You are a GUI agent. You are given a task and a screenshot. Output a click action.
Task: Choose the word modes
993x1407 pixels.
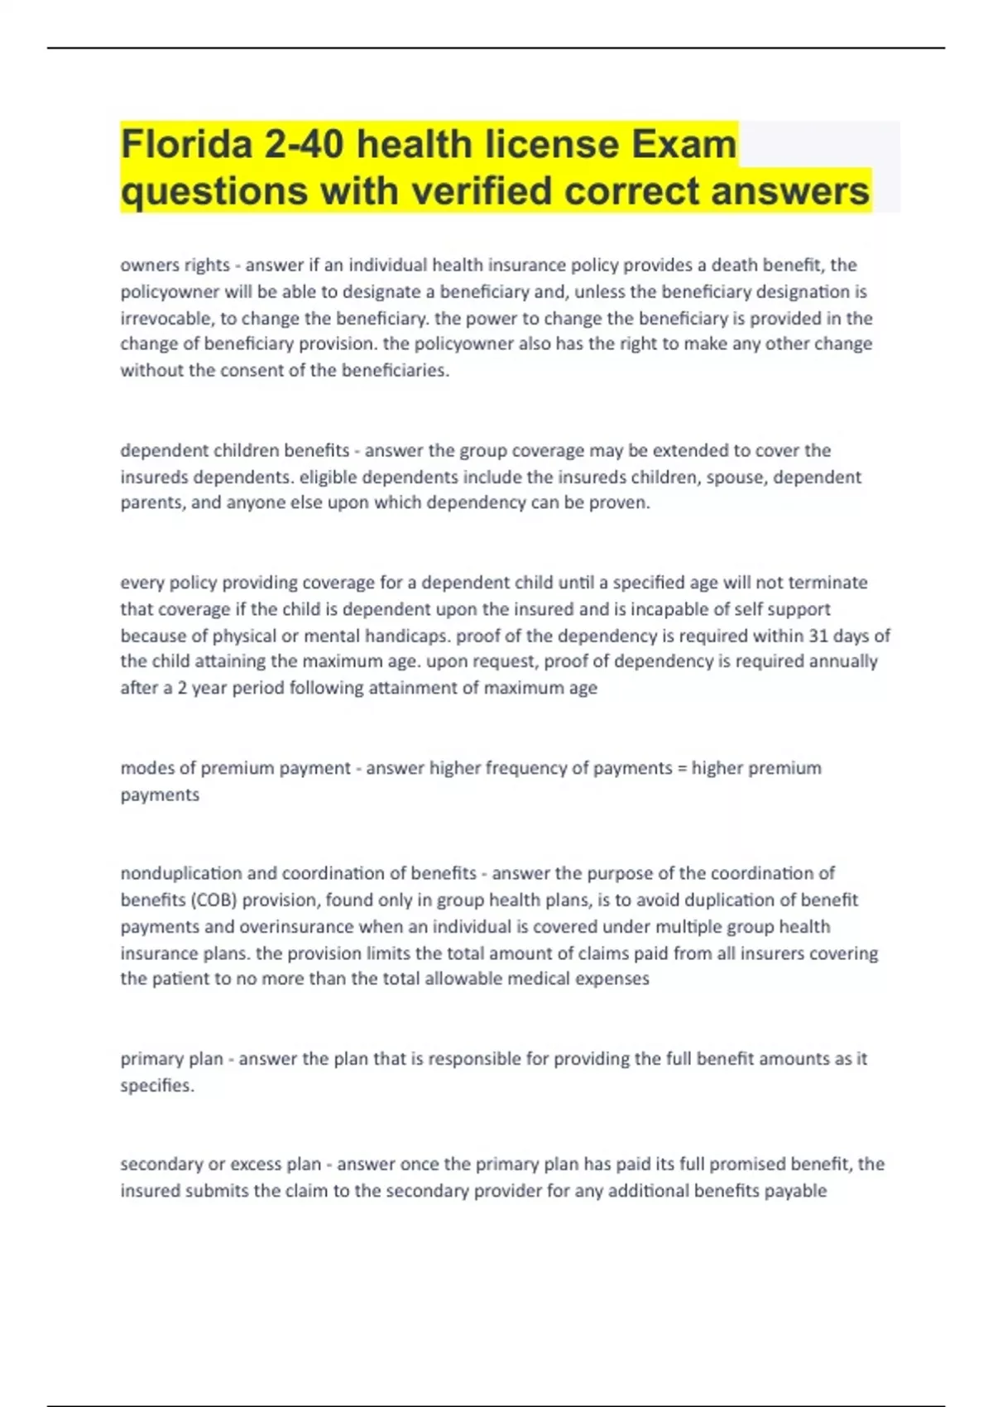click(146, 768)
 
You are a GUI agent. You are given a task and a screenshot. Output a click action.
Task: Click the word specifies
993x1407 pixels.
click(157, 1085)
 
